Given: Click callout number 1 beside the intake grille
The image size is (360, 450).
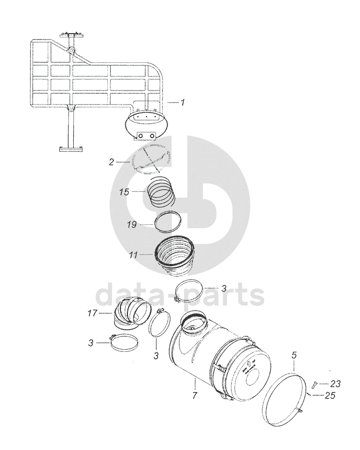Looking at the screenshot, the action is click(183, 102).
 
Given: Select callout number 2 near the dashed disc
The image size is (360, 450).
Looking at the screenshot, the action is click(111, 162).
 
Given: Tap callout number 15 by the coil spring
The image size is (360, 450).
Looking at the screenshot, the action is click(124, 192).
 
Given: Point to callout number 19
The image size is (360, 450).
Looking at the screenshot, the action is click(132, 224).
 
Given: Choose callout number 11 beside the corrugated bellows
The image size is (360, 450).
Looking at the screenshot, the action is click(133, 255).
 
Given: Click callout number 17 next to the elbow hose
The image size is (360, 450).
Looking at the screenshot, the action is click(93, 313).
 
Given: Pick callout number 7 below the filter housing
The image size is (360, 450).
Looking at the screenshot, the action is click(195, 395).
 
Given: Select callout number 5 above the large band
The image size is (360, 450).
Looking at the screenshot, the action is click(294, 355).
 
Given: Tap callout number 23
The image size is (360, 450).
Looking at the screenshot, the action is click(335, 384).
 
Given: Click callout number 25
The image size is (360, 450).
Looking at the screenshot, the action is click(330, 395).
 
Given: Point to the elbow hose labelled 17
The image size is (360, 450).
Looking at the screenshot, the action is click(132, 313).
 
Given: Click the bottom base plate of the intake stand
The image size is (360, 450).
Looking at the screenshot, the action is click(71, 149).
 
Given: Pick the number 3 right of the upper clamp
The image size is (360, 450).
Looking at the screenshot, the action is click(224, 288).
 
